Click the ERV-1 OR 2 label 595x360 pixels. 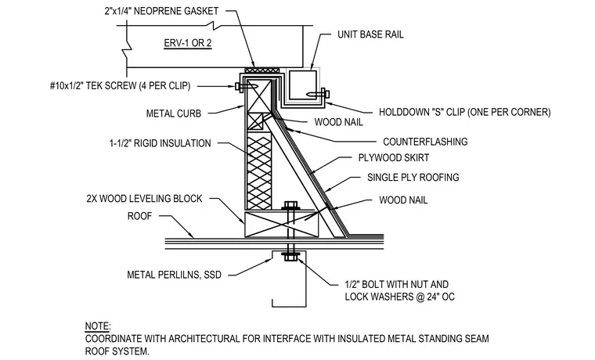click(187, 43)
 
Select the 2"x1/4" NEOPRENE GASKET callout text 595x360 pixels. click(161, 11)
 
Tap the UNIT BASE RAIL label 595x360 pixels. click(370, 34)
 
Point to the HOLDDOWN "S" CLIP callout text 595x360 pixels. click(464, 112)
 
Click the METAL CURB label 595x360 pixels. click(174, 113)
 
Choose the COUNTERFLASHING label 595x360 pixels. click(425, 142)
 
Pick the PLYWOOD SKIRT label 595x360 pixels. click(394, 158)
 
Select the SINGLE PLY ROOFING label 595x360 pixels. click(413, 178)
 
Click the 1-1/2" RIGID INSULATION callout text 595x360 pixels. click(160, 143)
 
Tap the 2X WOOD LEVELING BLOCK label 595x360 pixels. click(144, 199)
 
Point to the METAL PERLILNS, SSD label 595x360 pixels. click(174, 275)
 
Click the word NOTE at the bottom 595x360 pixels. click(96, 326)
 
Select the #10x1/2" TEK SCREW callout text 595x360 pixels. click(120, 86)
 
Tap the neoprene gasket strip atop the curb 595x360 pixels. click(261, 70)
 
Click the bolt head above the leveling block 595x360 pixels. click(290, 206)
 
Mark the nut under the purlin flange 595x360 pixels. click(290, 257)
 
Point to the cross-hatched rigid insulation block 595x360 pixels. click(259, 173)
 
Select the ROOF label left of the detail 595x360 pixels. click(139, 216)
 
